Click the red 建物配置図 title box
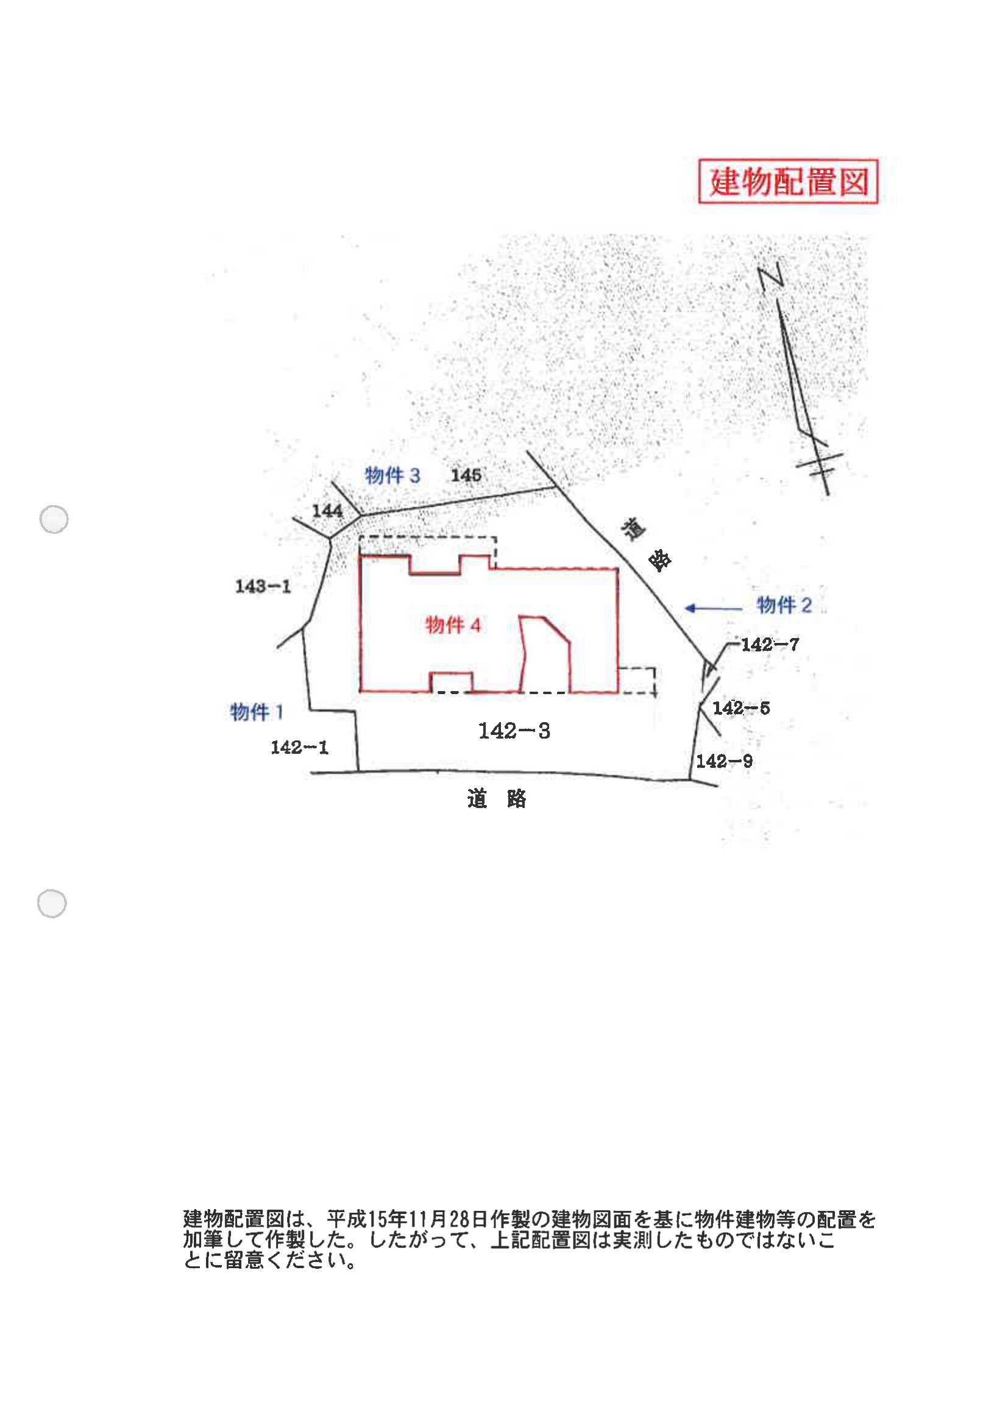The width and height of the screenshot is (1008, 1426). (787, 182)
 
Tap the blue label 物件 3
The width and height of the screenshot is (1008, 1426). (392, 476)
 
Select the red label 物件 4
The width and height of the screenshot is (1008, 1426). (453, 625)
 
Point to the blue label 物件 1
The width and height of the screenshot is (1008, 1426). (257, 712)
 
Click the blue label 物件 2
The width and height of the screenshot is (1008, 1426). (784, 605)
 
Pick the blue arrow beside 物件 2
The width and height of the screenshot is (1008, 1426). (713, 608)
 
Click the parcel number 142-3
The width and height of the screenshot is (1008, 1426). (514, 731)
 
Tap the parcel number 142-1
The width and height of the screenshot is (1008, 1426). (299, 747)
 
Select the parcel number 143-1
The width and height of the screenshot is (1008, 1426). (263, 586)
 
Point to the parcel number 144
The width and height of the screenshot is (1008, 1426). (327, 511)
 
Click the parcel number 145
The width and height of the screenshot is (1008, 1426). (466, 476)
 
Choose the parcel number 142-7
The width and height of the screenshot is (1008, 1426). (770, 645)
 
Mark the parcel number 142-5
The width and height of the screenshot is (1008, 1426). (741, 708)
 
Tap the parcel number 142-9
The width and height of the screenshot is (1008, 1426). (724, 761)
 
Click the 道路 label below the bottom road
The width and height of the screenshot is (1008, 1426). (496, 800)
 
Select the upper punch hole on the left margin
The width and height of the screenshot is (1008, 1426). (54, 519)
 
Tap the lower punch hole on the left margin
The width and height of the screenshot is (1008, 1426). (52, 904)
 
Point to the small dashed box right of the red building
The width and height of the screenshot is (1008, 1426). (637, 681)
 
